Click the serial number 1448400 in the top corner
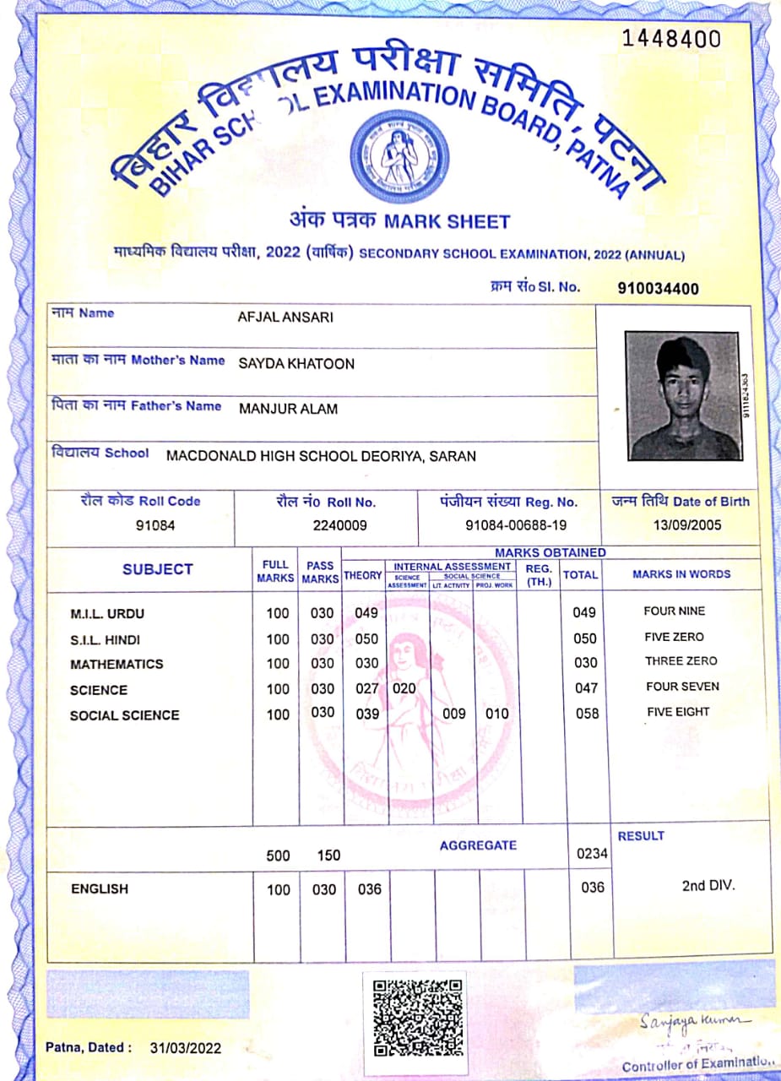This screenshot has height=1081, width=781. pos(671,39)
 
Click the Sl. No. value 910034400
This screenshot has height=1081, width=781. pos(658,289)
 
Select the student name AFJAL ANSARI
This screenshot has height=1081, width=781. pos(285,318)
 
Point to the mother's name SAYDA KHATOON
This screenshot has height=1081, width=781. pos(296,364)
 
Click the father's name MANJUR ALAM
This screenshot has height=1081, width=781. pos(288,410)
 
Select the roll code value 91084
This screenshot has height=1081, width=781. pos(155,524)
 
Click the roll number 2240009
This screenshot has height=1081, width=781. pos(339,524)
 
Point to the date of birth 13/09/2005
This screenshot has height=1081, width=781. pos(686,524)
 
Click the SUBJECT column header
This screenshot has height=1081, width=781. pos(157,569)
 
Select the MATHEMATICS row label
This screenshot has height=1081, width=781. pos(117,664)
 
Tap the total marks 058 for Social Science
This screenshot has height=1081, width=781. pos(585,714)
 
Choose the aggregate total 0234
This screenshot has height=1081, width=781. pos(592,853)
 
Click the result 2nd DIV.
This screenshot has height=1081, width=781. pos(708,886)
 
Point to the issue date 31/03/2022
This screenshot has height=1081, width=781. pos(186,1048)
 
